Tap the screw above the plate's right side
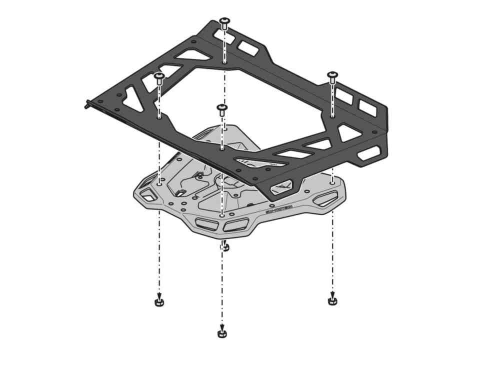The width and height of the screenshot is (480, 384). [x=332, y=76]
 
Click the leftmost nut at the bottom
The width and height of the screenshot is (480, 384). [x=159, y=302]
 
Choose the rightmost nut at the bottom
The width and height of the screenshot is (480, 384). [x=332, y=300]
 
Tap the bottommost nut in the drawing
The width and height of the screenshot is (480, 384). [x=222, y=333]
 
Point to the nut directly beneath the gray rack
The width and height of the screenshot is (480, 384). [x=225, y=246]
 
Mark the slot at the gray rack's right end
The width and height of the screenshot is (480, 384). [x=325, y=200]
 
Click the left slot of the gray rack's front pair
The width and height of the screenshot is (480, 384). [x=205, y=223]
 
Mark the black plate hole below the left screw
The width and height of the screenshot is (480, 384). [x=159, y=118]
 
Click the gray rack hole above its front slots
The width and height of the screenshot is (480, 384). [x=221, y=215]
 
